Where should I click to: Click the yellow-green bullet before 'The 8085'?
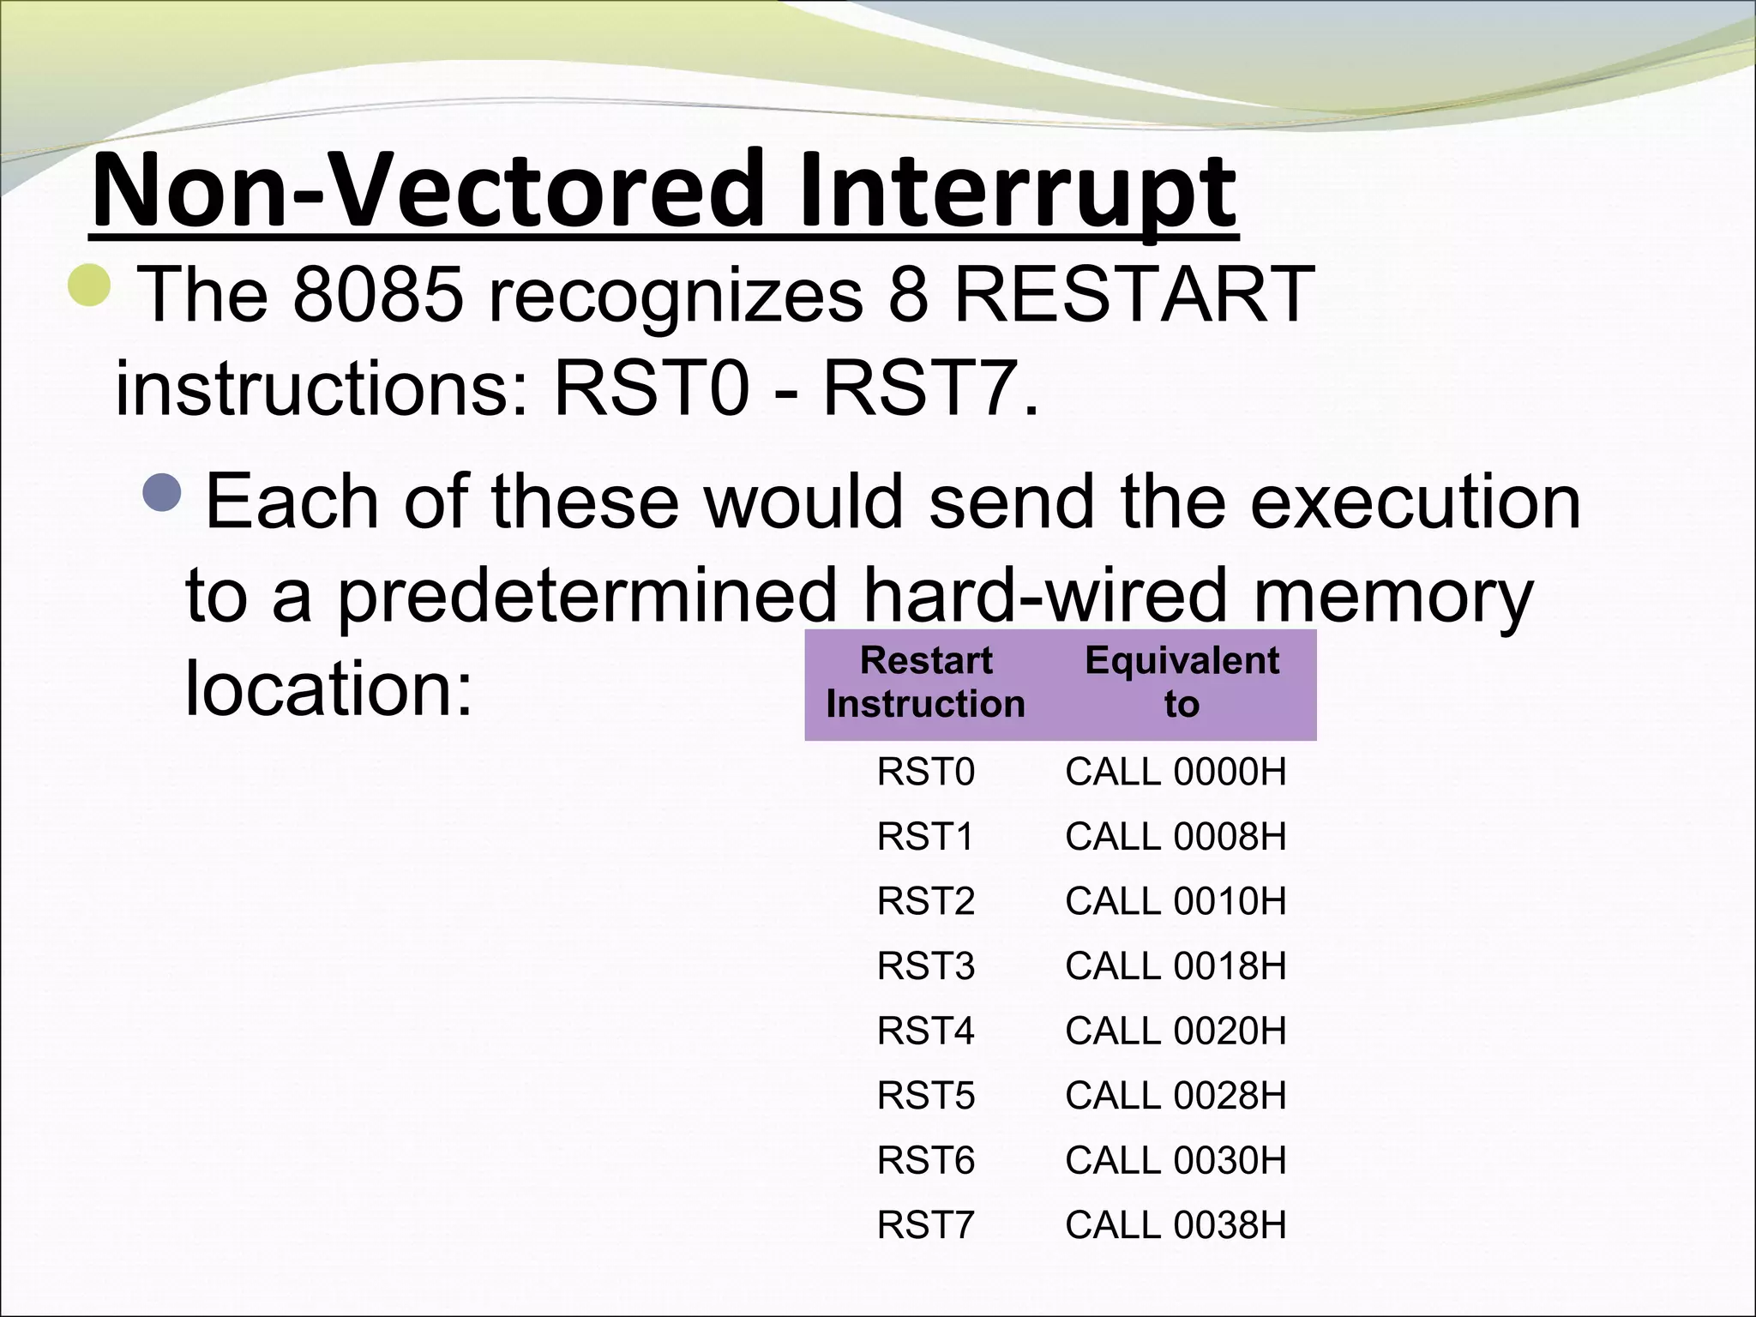89,286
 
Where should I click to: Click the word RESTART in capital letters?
1134,294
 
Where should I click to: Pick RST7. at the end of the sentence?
930,388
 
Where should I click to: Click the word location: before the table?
328,689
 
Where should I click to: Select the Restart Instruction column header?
925,683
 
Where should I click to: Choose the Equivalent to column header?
1182,683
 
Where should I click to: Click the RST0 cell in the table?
925,772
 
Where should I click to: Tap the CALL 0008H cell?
1176,837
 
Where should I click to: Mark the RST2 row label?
925,901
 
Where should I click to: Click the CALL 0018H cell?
1176,966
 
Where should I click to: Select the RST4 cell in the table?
925,1031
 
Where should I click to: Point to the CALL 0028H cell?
1176,1096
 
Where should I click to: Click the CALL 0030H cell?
1176,1160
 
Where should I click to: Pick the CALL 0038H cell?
1176,1225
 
